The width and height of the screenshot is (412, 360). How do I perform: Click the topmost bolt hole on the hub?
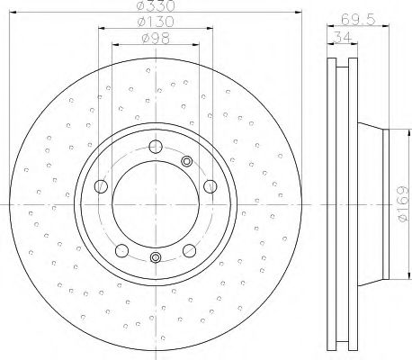coord(155,148)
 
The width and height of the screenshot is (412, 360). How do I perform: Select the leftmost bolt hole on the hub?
coord(100,187)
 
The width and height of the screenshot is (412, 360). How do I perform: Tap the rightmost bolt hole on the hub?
coord(210,186)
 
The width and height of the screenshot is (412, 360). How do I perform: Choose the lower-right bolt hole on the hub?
coord(190,251)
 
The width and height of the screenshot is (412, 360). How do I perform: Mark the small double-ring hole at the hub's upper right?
coord(187,161)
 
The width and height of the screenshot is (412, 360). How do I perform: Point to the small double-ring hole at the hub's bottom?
coord(155,259)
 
